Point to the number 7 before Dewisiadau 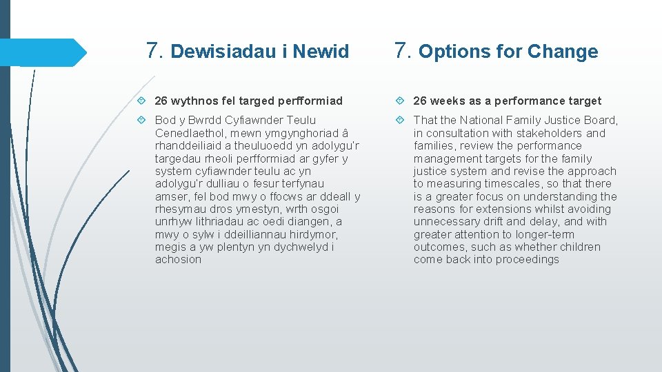pos(154,50)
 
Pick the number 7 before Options pos(403,50)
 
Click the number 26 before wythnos pos(162,101)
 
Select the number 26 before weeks pos(421,101)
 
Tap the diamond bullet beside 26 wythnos pos(141,101)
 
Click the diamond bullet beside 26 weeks pos(399,101)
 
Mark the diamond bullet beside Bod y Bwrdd pos(141,121)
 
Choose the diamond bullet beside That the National pos(399,121)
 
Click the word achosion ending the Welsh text pos(179,260)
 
